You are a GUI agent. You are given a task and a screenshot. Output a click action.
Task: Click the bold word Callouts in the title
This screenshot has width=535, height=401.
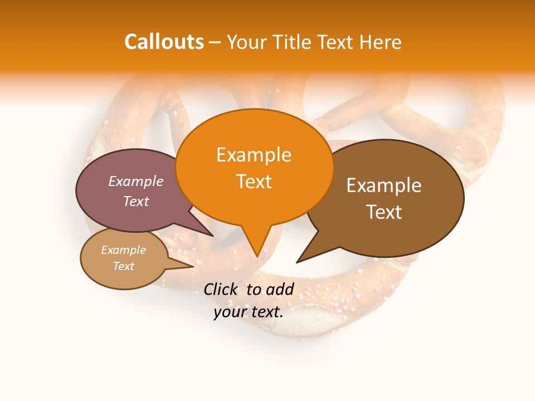164,42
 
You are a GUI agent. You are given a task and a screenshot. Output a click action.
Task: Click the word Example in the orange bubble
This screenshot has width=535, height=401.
254,155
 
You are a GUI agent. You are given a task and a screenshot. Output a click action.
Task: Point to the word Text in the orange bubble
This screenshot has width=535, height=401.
254,182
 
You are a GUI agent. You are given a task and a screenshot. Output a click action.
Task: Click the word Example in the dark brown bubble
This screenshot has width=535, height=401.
384,185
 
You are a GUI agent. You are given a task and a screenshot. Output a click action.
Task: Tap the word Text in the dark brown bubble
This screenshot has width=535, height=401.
384,212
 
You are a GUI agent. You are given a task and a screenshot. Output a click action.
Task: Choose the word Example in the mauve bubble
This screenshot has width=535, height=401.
136,181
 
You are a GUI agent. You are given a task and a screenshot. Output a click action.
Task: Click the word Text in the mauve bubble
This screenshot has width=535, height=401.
136,201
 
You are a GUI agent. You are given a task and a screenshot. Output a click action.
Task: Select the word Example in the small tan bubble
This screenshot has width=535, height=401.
124,250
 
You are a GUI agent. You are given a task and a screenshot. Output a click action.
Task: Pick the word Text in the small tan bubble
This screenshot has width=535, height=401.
124,266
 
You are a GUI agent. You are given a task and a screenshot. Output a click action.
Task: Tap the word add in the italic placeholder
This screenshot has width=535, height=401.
280,289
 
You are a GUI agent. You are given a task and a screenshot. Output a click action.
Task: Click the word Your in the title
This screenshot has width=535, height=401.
247,42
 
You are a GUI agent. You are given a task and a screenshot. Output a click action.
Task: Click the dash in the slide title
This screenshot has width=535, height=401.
215,42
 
